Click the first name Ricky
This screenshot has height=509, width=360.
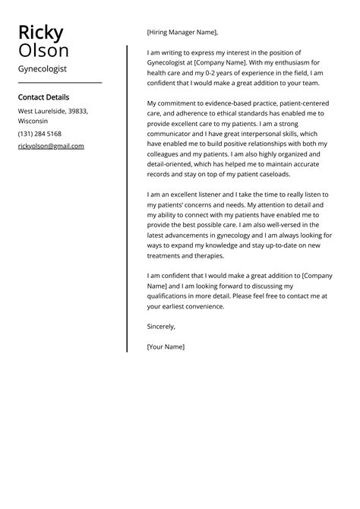coord(41,33)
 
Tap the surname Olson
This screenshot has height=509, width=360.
coord(44,51)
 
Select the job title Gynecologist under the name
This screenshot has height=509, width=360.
coord(42,68)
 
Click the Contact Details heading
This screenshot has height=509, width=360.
coord(43,97)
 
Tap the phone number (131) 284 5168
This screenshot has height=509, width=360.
coord(39,134)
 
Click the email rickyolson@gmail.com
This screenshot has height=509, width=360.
coord(51,146)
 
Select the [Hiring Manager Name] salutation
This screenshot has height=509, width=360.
coord(182,33)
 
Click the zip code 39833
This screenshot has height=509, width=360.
coord(77,111)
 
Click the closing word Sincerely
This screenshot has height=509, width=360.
coord(161,327)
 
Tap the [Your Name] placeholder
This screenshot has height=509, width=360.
coord(166,346)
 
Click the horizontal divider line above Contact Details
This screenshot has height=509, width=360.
coord(59,82)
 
